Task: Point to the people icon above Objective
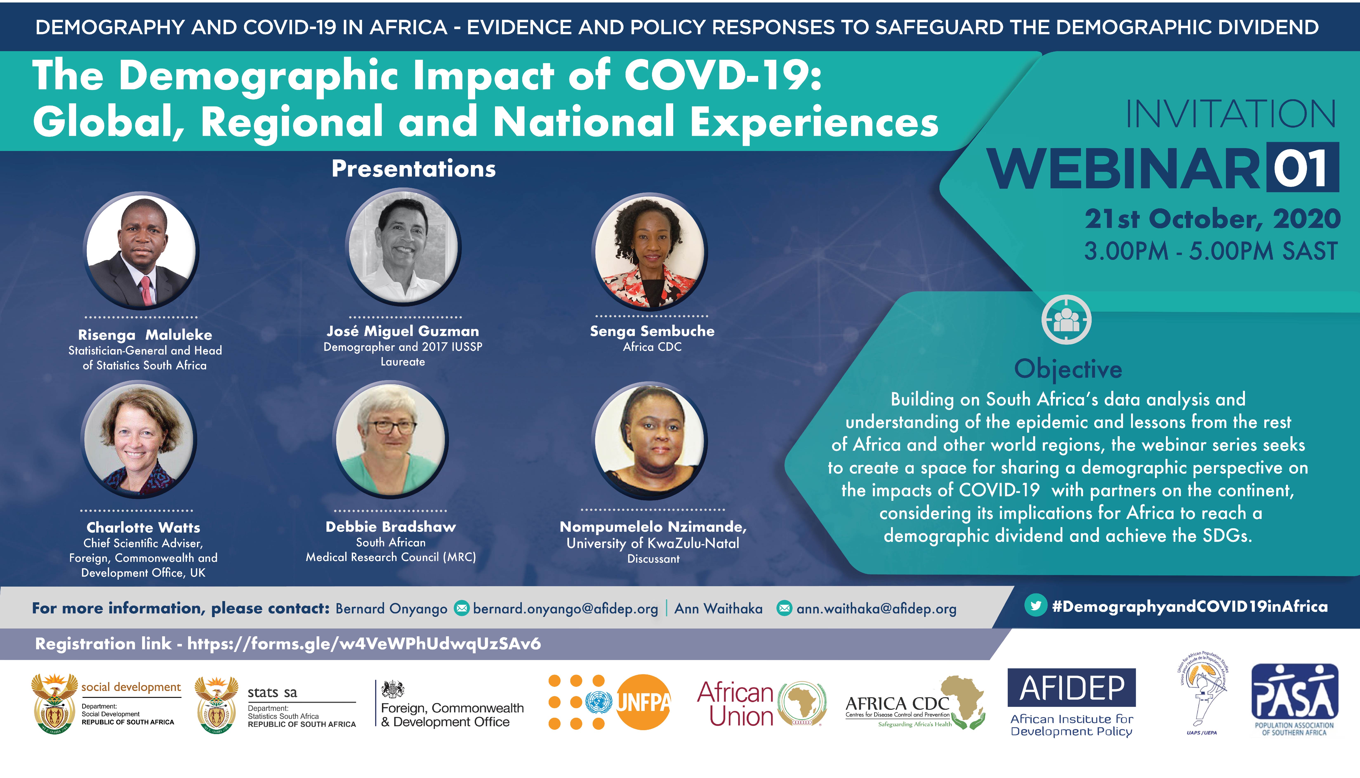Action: pyautogui.click(x=1066, y=319)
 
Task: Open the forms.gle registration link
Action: pyautogui.click(x=364, y=644)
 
